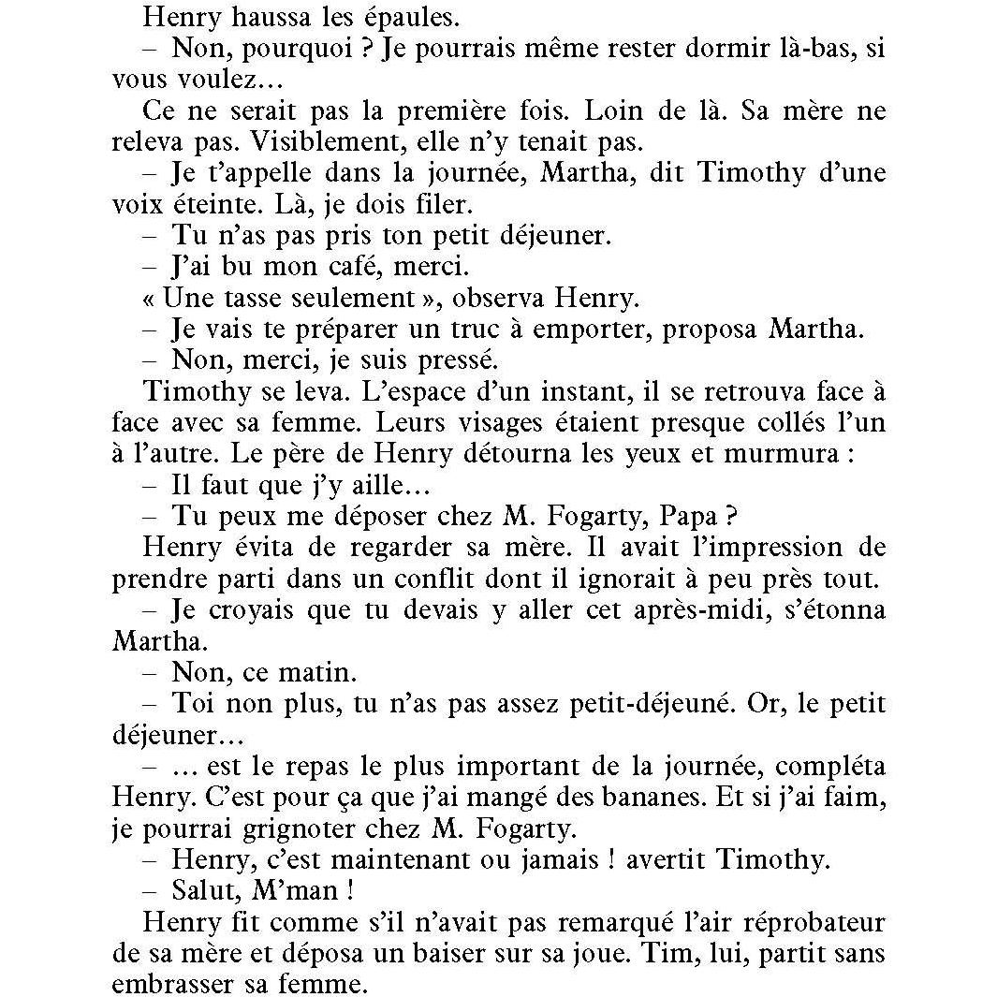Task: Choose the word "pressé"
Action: click(x=457, y=361)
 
